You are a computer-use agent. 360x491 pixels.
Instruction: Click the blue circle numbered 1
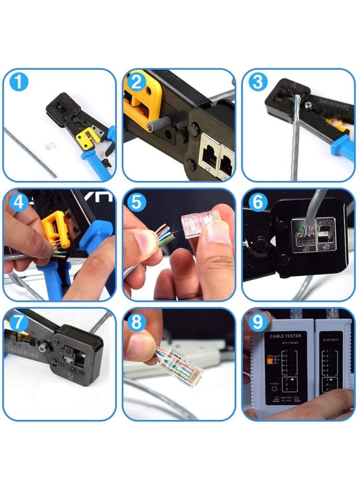[x=19, y=82]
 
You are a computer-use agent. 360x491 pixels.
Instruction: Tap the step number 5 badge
[x=137, y=202]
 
